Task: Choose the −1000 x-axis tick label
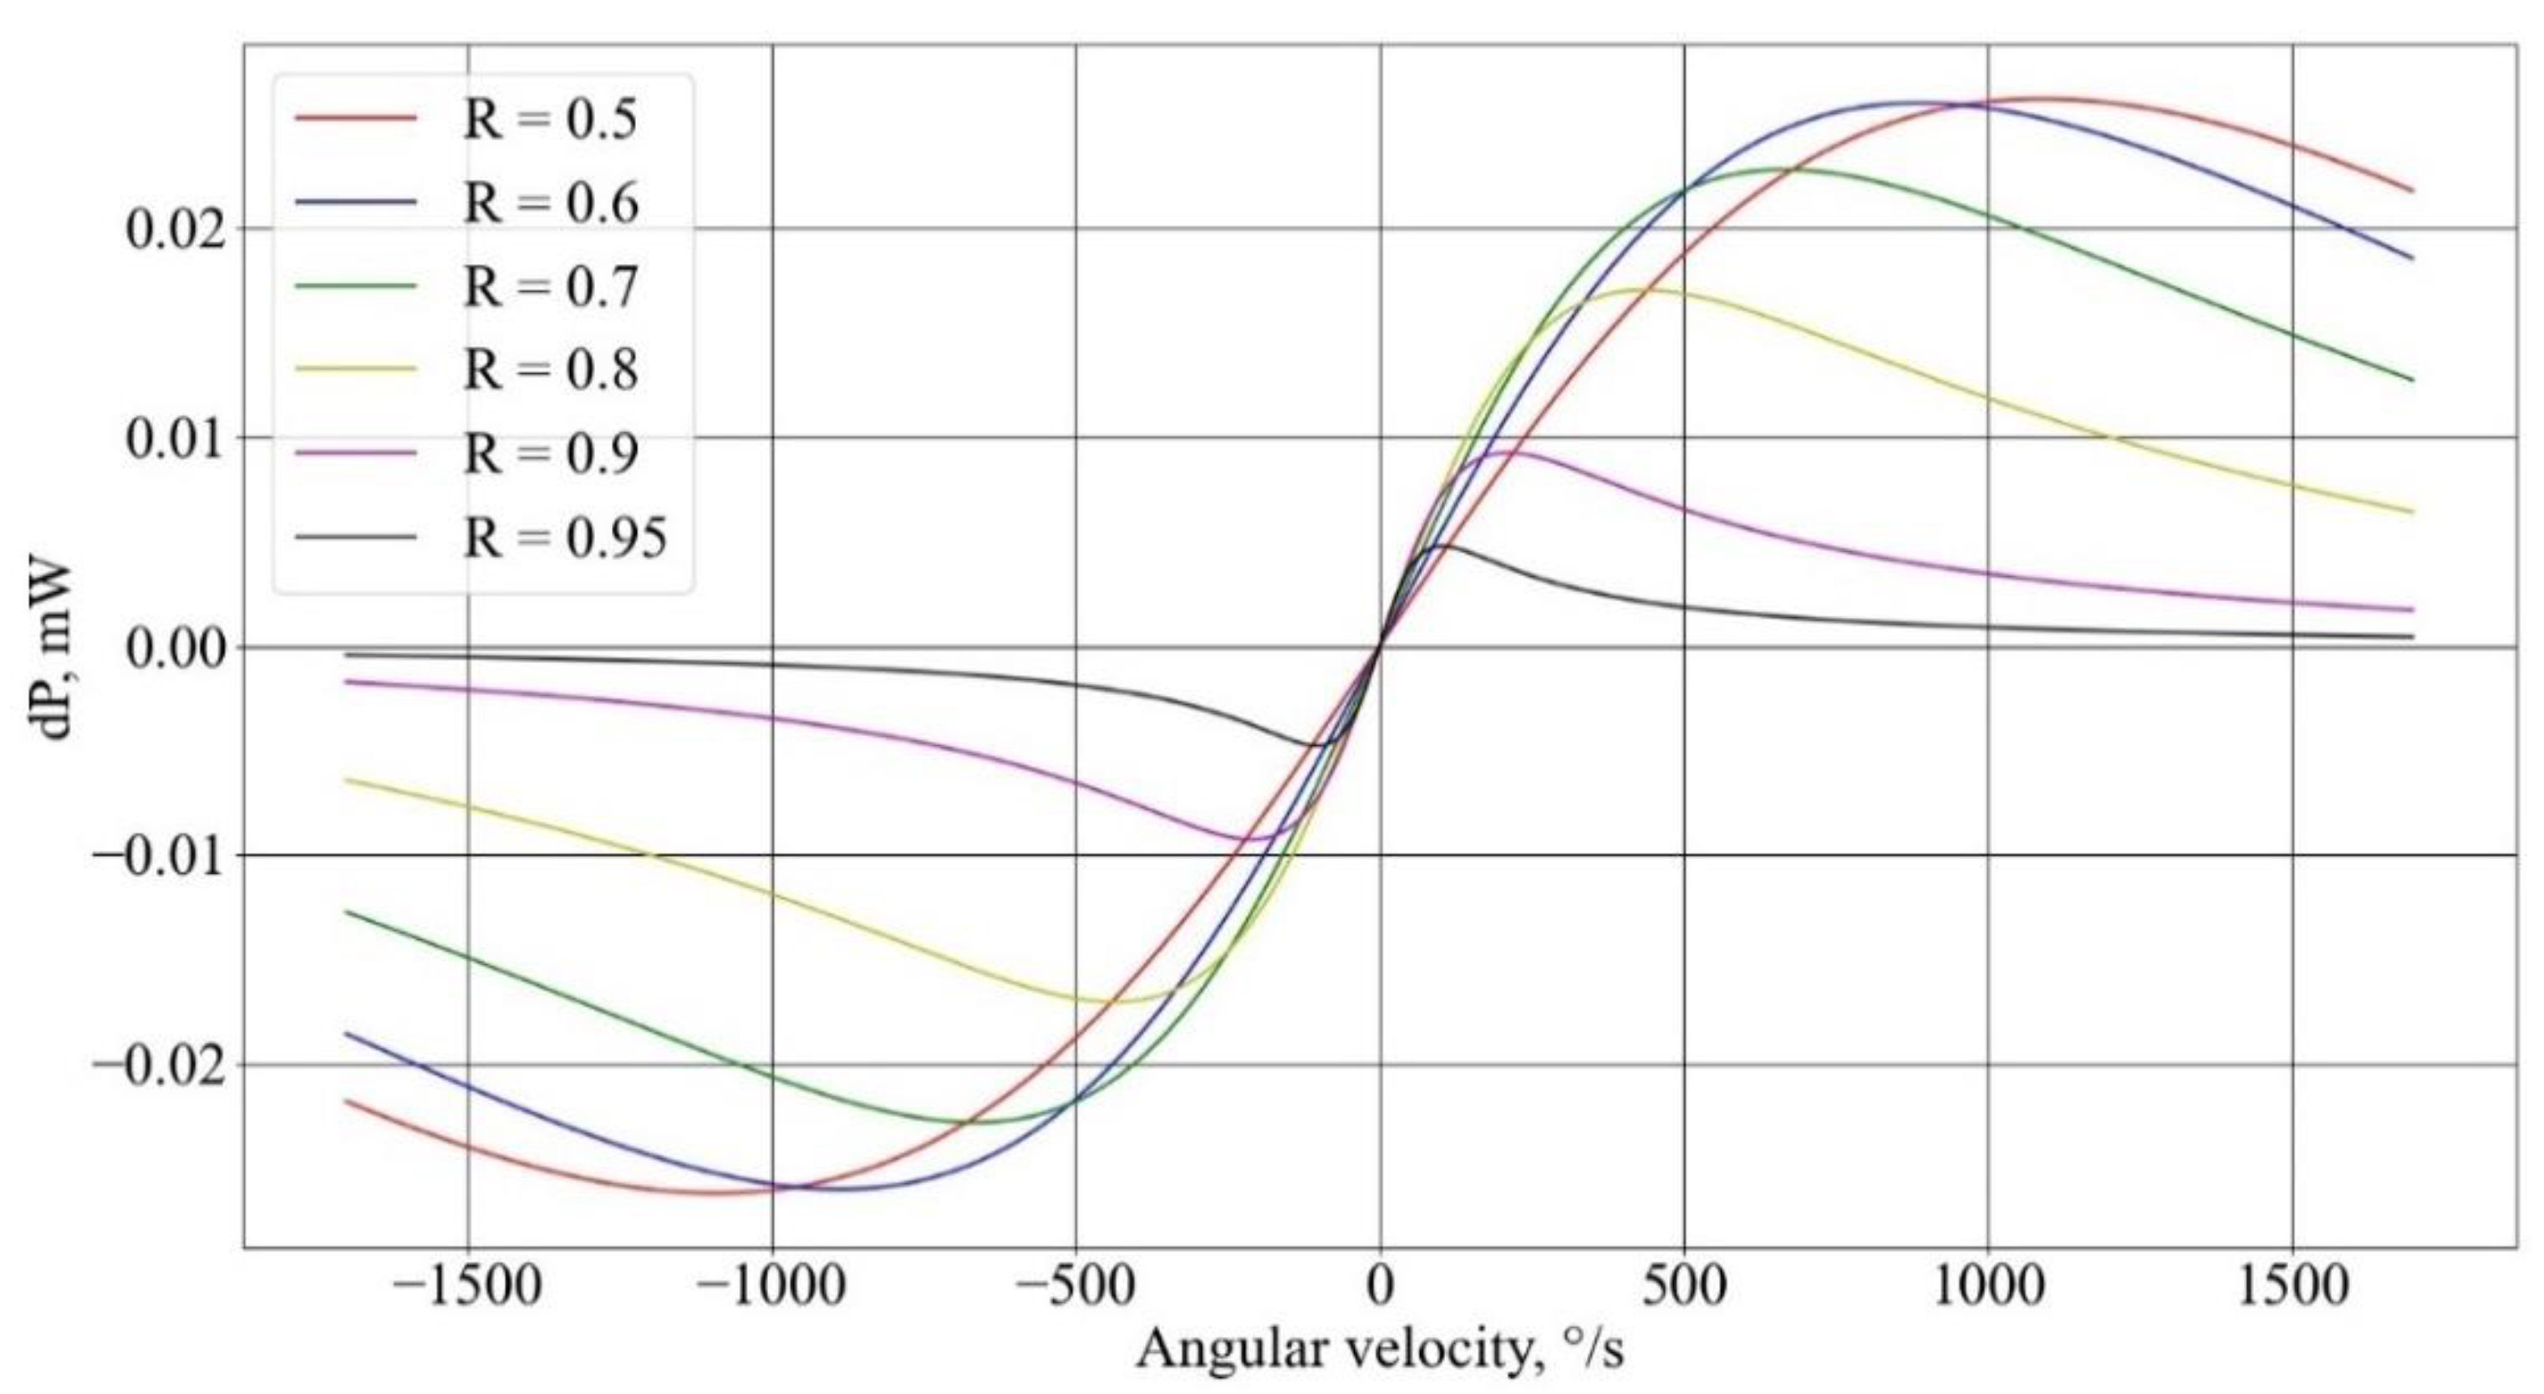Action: coord(771,1289)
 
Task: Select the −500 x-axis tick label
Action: coord(1076,1289)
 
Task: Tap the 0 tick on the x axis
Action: coord(1380,1289)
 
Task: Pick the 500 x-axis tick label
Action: coord(1684,1289)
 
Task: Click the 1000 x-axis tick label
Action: coord(1988,1289)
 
